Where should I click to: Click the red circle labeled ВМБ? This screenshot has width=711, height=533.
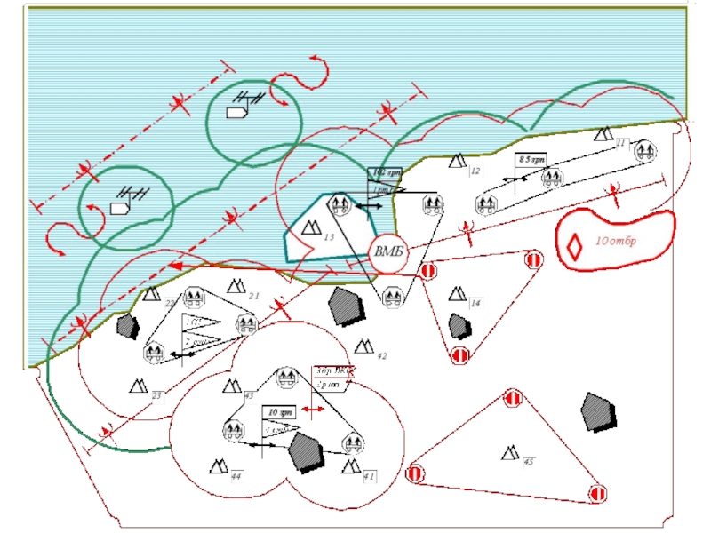pos(388,251)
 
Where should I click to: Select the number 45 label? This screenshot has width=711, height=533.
pos(528,462)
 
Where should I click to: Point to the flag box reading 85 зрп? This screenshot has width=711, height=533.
pos(531,159)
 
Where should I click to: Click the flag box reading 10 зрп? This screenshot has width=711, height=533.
pos(276,413)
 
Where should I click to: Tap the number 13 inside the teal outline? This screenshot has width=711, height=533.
pos(329,237)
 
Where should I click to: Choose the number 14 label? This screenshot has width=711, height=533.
pos(476,304)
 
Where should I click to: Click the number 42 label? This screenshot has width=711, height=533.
pos(381,355)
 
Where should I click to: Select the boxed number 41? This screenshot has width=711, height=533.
pos(369,477)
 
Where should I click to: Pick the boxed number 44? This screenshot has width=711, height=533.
pos(236,477)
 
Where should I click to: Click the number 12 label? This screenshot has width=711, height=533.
pos(475,171)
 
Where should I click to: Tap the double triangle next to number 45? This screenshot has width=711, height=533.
pos(510,454)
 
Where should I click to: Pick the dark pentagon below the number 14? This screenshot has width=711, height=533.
pos(459,326)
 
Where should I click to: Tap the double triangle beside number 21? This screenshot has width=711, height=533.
pos(236,286)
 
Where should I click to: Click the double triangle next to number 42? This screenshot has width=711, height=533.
pos(363,346)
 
